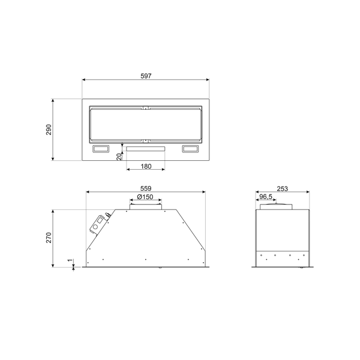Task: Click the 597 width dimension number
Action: (145, 76)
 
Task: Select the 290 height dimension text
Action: (50, 129)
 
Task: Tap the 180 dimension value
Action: (145, 167)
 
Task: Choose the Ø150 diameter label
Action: (145, 197)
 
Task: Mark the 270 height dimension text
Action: (50, 238)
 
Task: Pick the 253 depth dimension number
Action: (283, 188)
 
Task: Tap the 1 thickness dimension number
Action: (70, 261)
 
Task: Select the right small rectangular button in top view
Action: (191, 149)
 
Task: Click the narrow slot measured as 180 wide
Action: (145, 146)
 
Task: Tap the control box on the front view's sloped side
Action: (97, 224)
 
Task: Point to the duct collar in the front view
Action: (145, 207)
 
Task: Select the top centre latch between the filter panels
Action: (145, 109)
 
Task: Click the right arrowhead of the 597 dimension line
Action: (207, 80)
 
